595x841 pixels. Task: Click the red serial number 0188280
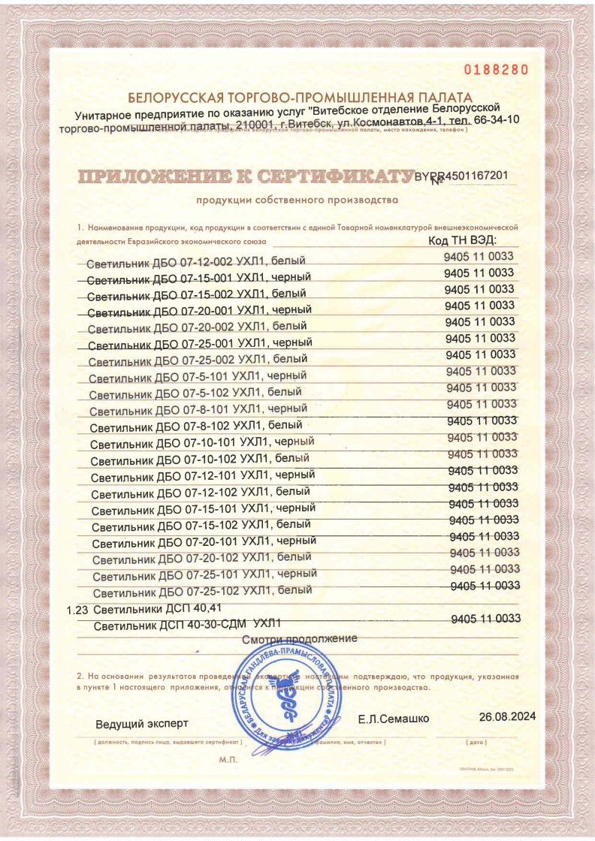coord(497,70)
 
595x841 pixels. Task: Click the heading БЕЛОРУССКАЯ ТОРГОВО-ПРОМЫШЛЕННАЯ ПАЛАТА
coord(300,98)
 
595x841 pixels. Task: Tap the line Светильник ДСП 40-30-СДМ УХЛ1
coord(187,623)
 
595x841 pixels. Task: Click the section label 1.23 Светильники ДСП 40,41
coord(145,608)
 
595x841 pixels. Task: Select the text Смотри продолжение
coord(299,639)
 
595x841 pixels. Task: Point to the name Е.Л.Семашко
coord(394,719)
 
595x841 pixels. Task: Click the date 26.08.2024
coord(507,717)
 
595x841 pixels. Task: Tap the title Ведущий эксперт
coord(142,725)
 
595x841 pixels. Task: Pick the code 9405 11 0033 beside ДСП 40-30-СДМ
coord(486,619)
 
